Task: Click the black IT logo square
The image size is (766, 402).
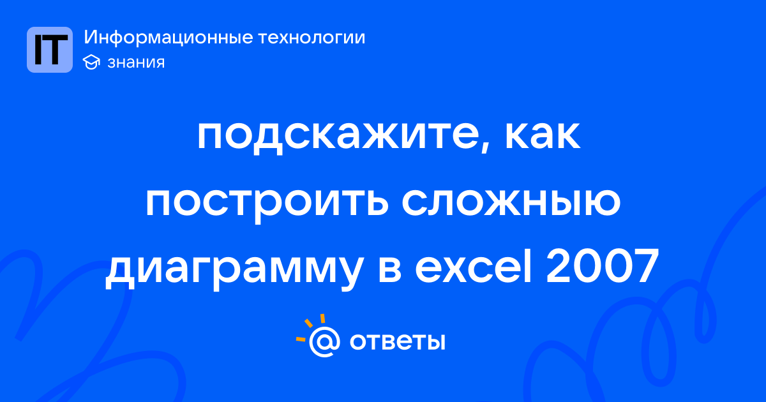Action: (x=50, y=50)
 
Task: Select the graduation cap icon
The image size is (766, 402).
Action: (x=91, y=62)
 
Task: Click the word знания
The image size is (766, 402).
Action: (x=136, y=63)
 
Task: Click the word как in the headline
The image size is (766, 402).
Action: (x=543, y=135)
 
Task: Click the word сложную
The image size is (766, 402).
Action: (x=511, y=202)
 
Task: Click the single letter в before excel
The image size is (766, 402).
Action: (x=389, y=270)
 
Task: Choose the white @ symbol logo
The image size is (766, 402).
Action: (x=324, y=341)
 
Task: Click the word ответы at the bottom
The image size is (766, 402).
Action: (x=397, y=341)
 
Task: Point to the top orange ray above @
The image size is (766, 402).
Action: (x=322, y=318)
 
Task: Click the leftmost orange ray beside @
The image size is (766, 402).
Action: (x=301, y=339)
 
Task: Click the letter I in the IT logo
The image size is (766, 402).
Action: (x=38, y=50)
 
